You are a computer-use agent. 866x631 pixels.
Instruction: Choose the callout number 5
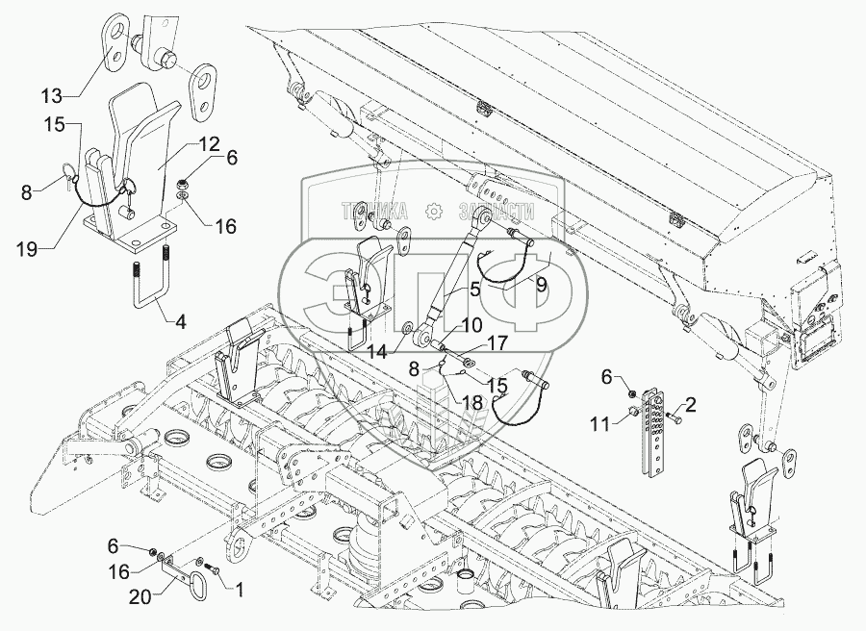[x=473, y=289]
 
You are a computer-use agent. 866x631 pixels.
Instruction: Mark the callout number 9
[x=541, y=284]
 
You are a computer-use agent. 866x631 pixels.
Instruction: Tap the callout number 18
[x=472, y=403]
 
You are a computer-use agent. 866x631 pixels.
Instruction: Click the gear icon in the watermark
[x=434, y=210]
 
